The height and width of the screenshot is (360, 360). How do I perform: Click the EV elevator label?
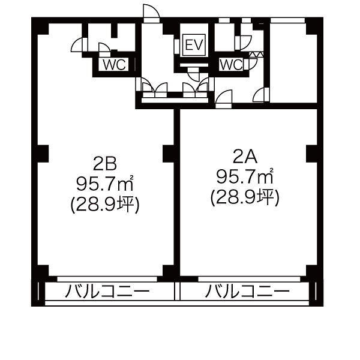(194, 45)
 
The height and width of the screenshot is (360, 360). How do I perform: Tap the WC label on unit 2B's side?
(114, 65)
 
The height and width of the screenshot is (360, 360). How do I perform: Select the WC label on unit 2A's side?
(231, 65)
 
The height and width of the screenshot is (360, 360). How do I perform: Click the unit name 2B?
(105, 164)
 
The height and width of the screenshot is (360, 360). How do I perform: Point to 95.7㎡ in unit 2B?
(105, 184)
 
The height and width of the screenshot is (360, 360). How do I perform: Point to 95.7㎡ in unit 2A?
(245, 176)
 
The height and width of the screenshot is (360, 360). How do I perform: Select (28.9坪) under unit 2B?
(105, 205)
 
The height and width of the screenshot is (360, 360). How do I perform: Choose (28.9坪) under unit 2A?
(245, 197)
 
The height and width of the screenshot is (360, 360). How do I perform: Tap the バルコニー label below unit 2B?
(107, 292)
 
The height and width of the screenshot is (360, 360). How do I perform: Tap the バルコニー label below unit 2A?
(247, 292)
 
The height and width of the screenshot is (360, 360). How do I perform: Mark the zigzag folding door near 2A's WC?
(256, 55)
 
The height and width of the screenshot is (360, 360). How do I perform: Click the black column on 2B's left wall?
(43, 154)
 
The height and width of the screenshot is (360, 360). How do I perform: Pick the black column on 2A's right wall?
(312, 154)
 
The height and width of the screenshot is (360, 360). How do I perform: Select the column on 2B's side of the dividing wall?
(168, 154)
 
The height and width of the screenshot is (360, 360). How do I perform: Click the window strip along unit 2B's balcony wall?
(107, 279)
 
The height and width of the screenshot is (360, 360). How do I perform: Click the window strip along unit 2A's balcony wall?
(249, 279)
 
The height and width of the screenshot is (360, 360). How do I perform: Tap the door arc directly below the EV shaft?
(194, 74)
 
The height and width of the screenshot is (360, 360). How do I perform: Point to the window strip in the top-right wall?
(287, 20)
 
